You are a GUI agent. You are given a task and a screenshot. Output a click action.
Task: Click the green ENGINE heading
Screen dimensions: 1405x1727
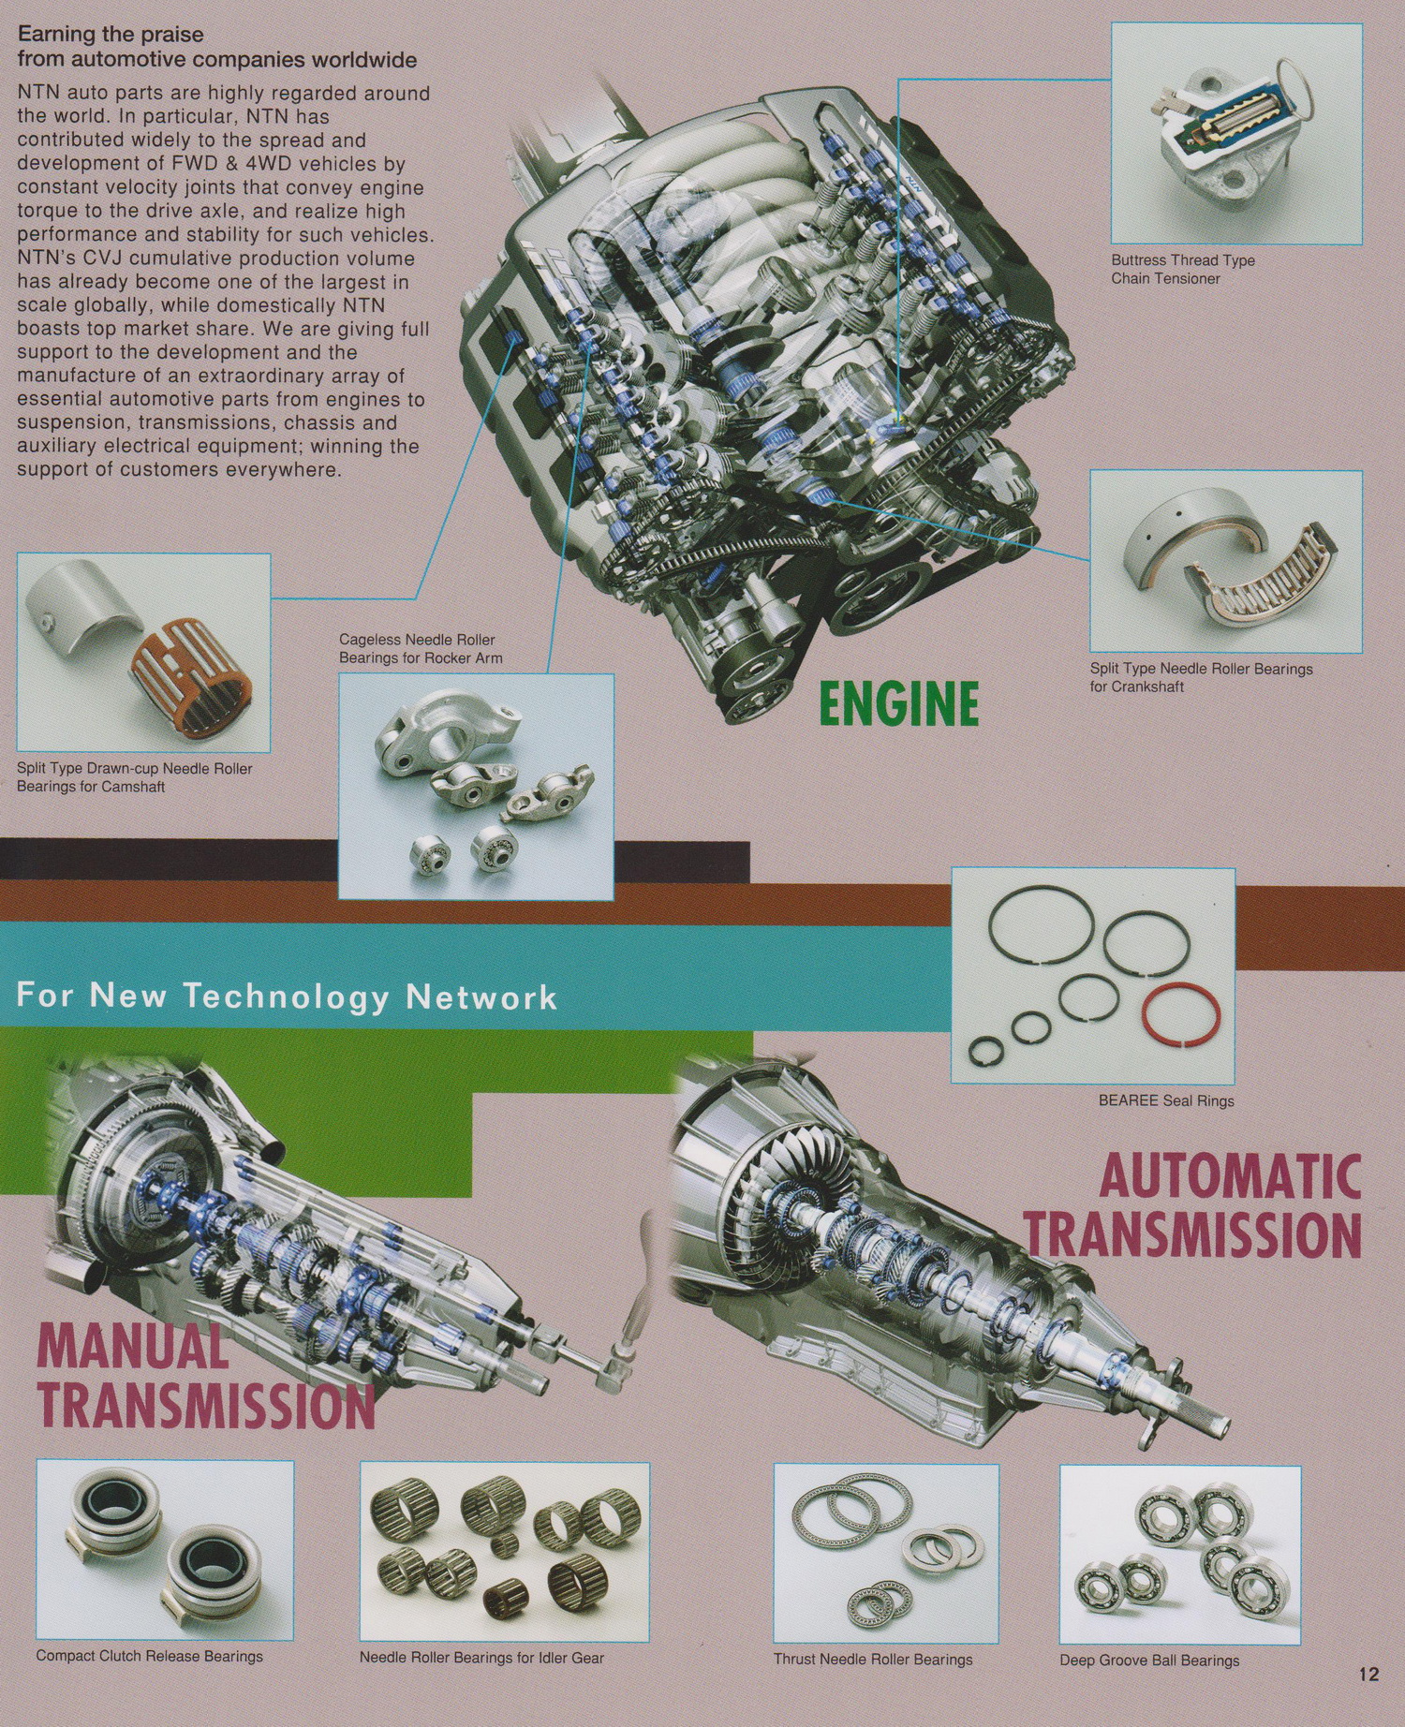[899, 704]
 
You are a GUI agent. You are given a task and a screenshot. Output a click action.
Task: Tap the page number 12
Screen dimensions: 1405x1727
[1368, 1674]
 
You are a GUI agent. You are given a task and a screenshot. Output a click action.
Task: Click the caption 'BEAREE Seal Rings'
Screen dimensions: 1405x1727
[1166, 1100]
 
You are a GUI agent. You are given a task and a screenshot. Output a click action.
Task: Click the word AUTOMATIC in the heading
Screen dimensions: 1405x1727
[1230, 1176]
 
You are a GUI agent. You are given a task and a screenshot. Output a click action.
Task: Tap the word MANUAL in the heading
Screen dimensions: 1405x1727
[132, 1346]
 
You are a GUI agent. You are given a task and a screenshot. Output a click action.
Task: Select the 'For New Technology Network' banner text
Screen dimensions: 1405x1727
[287, 995]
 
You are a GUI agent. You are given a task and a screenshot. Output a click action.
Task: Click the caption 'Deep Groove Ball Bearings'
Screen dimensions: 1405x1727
[1149, 1661]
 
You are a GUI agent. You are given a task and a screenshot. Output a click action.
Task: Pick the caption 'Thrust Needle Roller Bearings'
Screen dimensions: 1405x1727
[873, 1660]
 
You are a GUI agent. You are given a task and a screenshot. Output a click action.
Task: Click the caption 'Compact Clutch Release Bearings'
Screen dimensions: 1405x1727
[150, 1656]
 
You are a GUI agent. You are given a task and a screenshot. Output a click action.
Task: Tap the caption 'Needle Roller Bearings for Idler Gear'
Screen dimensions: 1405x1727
[481, 1658]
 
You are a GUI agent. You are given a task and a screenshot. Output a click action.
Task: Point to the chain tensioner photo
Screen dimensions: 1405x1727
[1236, 133]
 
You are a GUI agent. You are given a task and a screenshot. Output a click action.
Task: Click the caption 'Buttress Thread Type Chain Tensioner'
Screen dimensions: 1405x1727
[1183, 270]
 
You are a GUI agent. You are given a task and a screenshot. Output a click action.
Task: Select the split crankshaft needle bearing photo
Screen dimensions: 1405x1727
[1226, 562]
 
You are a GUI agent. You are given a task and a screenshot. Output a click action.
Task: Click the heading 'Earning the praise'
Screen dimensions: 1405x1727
[111, 35]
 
